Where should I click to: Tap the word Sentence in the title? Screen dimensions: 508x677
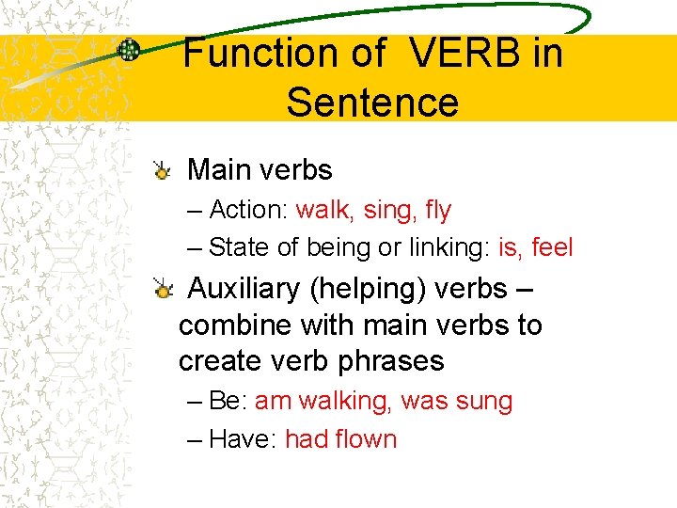372,102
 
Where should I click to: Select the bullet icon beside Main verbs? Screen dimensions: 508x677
163,171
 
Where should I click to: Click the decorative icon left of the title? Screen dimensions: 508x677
129,51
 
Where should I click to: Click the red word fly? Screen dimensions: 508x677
438,210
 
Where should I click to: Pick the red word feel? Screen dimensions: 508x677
552,247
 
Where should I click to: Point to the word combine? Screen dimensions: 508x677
235,325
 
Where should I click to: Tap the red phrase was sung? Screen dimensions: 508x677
457,402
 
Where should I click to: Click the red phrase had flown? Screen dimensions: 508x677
340,439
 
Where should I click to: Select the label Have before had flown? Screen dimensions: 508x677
239,439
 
